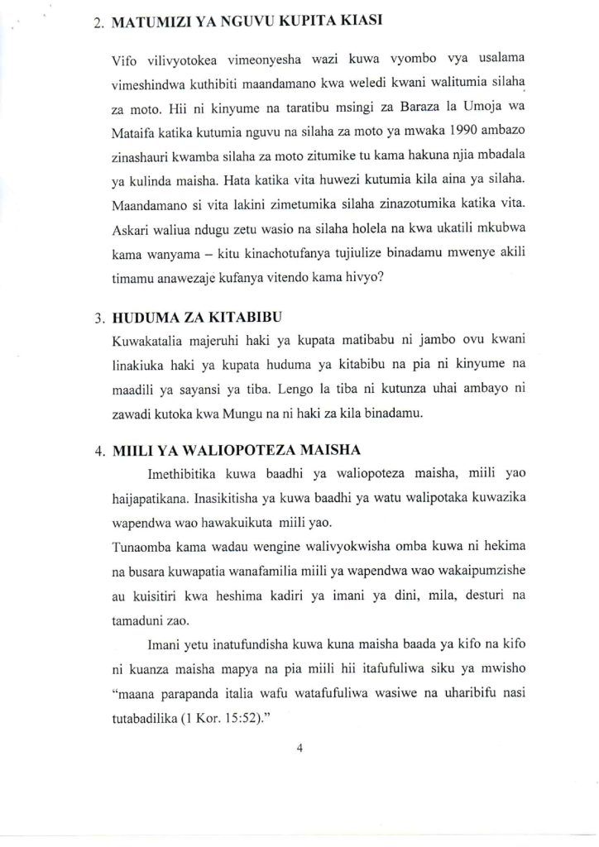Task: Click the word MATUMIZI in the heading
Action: pyautogui.click(x=145, y=24)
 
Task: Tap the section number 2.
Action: pyautogui.click(x=97, y=25)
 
